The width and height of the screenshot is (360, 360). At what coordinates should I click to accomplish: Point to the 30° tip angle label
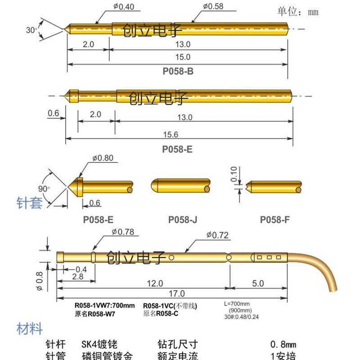[31, 30]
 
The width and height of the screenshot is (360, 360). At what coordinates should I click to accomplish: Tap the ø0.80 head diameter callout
[103, 158]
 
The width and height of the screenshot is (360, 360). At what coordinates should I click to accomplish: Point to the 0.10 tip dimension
[233, 173]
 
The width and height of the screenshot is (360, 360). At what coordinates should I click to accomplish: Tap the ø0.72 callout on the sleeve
[218, 234]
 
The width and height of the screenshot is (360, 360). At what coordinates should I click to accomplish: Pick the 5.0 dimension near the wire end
[258, 284]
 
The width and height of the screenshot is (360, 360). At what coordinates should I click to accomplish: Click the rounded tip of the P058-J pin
[153, 185]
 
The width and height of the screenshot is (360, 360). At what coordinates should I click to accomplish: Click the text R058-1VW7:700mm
[104, 306]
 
